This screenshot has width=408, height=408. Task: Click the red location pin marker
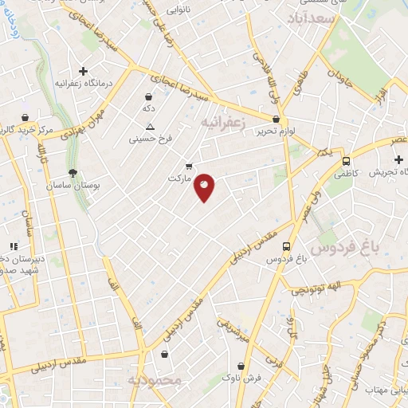coord(205,186)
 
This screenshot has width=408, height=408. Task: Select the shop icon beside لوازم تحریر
coord(276,119)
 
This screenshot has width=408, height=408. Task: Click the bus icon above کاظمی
coord(345,159)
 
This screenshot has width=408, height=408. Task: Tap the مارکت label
coord(181,178)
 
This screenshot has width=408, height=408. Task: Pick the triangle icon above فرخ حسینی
coord(151,127)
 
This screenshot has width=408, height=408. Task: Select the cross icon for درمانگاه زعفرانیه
coord(83,71)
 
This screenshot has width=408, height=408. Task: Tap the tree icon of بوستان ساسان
coord(73,172)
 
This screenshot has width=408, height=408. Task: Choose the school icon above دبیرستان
coord(13,246)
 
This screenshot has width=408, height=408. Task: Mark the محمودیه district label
coord(155,382)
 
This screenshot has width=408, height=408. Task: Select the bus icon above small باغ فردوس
coord(285,247)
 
